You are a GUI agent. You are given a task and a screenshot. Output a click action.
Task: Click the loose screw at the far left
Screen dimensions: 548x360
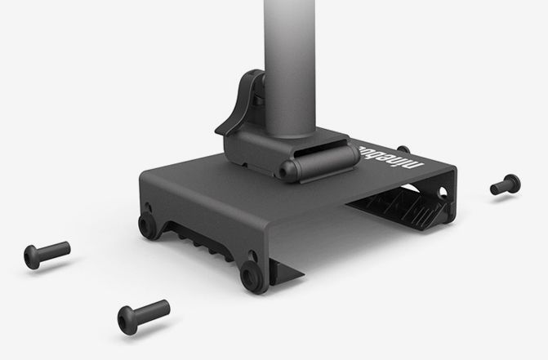tap(47, 255)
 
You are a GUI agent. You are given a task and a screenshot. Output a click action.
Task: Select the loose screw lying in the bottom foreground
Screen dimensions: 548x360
tap(143, 317)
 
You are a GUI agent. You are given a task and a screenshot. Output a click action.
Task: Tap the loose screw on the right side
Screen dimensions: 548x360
tap(506, 184)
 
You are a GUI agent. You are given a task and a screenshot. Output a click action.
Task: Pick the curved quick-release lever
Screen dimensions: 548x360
tap(240, 104)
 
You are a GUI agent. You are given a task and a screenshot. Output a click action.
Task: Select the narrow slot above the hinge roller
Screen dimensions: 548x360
tap(321, 148)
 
